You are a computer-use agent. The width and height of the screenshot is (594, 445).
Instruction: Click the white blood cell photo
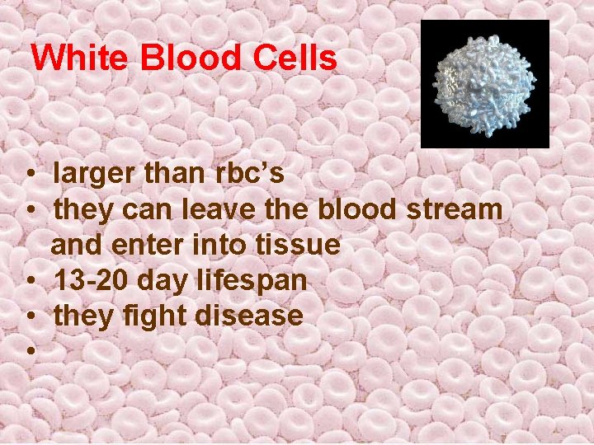484,84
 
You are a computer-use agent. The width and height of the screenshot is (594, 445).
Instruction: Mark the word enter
154,245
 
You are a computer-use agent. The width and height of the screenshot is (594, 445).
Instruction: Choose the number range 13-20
91,280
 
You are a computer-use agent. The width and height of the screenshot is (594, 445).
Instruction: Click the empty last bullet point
29,352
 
